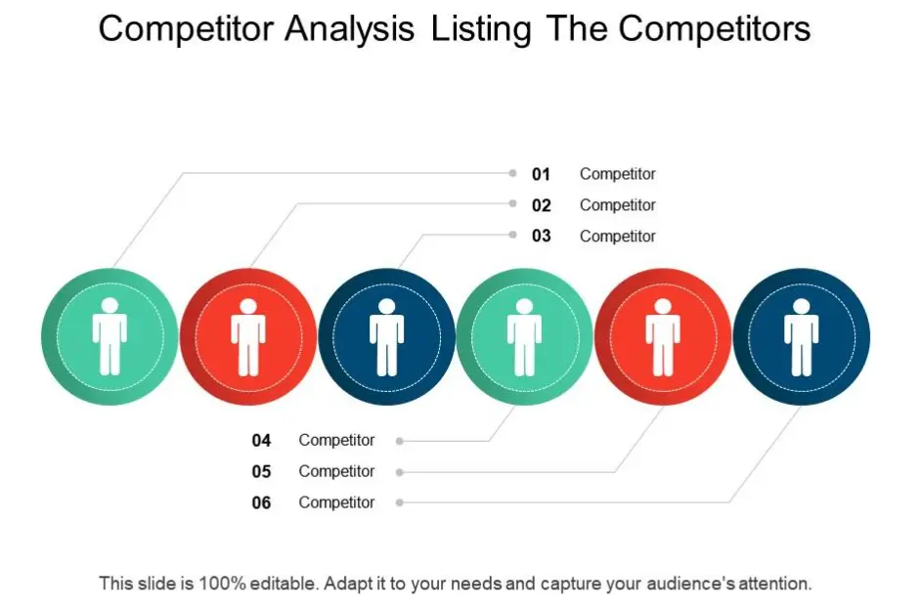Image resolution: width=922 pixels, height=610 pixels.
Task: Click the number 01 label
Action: [542, 174]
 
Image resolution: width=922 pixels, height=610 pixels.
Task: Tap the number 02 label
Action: [542, 205]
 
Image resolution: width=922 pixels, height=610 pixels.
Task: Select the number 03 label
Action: [542, 236]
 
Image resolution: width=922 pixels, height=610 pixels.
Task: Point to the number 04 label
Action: [261, 441]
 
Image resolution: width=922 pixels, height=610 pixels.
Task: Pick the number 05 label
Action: [261, 471]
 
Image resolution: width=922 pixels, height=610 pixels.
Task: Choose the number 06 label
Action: [261, 502]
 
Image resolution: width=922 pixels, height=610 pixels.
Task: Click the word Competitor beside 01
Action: [617, 174]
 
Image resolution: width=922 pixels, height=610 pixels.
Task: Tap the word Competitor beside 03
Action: [617, 236]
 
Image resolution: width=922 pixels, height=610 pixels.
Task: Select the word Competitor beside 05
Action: [336, 471]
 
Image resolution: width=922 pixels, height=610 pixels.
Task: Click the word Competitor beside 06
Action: [336, 502]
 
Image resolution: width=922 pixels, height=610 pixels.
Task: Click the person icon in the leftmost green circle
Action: [110, 337]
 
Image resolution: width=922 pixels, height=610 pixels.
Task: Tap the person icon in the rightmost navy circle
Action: [802, 337]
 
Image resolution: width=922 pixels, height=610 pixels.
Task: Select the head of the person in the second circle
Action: [248, 306]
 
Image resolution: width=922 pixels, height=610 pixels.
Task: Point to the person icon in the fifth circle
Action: [663, 337]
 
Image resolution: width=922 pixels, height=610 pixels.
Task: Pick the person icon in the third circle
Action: [386, 337]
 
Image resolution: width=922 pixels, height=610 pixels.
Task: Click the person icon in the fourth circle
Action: [524, 337]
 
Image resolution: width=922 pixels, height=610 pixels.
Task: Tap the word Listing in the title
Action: [481, 29]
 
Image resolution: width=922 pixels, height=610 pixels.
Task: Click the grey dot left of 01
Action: [512, 174]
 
